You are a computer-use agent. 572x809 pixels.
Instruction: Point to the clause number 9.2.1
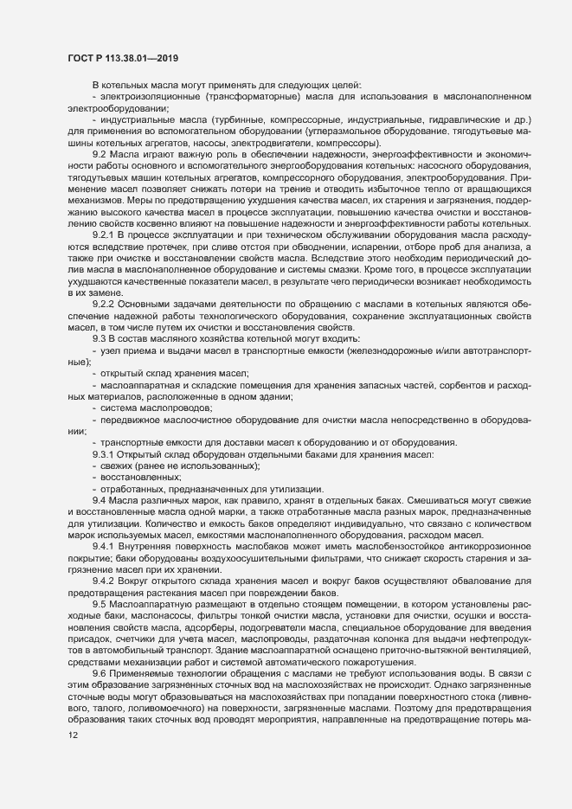103,234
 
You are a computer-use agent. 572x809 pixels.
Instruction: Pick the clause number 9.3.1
103,454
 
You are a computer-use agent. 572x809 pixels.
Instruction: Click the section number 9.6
99,672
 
